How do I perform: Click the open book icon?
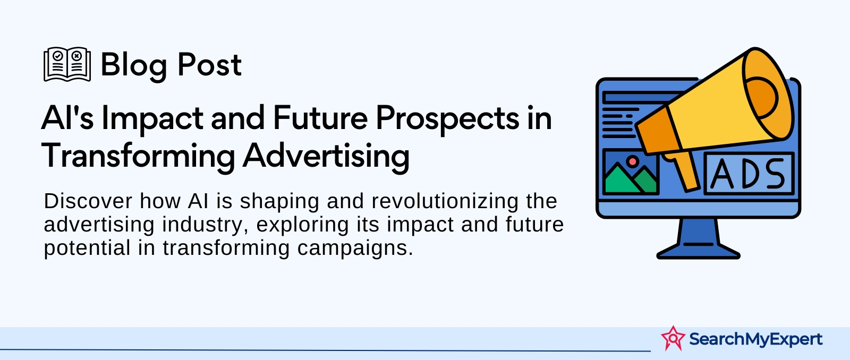pyautogui.click(x=67, y=64)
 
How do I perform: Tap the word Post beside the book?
pyautogui.click(x=209, y=65)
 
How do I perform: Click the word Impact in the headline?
pyautogui.click(x=152, y=119)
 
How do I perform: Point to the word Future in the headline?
pyautogui.click(x=320, y=118)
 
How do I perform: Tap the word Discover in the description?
pyautogui.click(x=88, y=201)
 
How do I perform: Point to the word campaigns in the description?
pyautogui.click(x=355, y=248)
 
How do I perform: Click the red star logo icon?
pyautogui.click(x=673, y=338)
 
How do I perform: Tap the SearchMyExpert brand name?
pyautogui.click(x=755, y=339)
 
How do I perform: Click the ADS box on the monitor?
pyautogui.click(x=749, y=173)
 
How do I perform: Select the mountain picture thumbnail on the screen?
pyautogui.click(x=630, y=172)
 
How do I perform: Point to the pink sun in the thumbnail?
pyautogui.click(x=632, y=161)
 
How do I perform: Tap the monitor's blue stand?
pyautogui.click(x=698, y=239)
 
